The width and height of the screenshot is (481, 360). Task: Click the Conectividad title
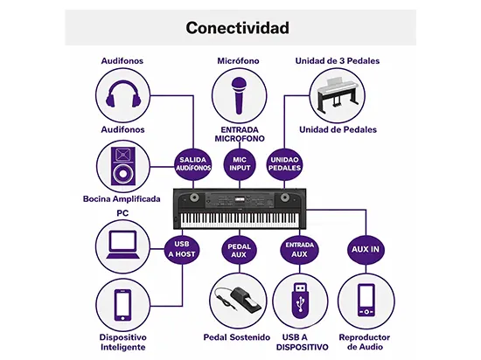(x=237, y=28)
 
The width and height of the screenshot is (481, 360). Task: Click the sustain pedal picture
(x=239, y=301)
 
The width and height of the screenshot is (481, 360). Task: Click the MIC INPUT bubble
(x=240, y=164)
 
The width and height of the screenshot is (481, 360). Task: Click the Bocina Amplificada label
(x=122, y=199)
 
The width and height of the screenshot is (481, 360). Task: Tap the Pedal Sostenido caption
(x=239, y=336)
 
